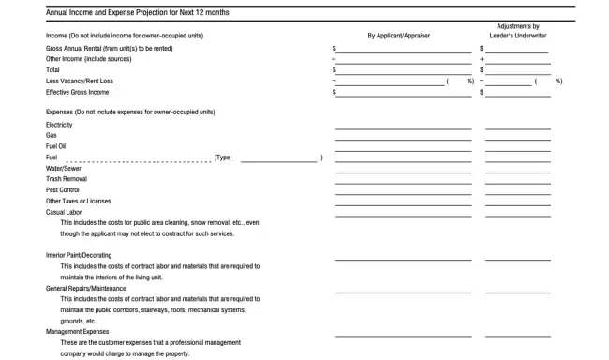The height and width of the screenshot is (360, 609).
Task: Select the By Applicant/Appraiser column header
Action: pos(398,36)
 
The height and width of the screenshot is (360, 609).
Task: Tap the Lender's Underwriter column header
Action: pos(518,36)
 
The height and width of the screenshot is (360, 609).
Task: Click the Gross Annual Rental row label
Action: pos(109,48)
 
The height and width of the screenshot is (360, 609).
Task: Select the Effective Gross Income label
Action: pos(78,92)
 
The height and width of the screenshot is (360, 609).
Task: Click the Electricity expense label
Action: pos(59,125)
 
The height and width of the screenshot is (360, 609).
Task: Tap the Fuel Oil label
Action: pos(56,146)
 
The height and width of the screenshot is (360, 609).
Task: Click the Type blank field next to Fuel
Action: pos(279,157)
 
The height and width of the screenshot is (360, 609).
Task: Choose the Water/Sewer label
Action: pos(63,168)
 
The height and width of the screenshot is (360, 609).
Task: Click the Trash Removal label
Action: pos(67,178)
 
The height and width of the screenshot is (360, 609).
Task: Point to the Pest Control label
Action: pos(63,189)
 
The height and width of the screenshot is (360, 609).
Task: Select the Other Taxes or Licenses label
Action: pos(79,201)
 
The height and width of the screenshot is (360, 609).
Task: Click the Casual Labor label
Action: pos(65,212)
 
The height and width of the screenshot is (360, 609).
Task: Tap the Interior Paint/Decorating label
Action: pos(79,255)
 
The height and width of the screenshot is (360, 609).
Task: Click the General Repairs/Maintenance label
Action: pos(85,288)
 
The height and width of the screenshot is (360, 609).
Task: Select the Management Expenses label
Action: pos(78,331)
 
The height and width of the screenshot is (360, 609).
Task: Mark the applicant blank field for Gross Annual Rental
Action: pos(404,48)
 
